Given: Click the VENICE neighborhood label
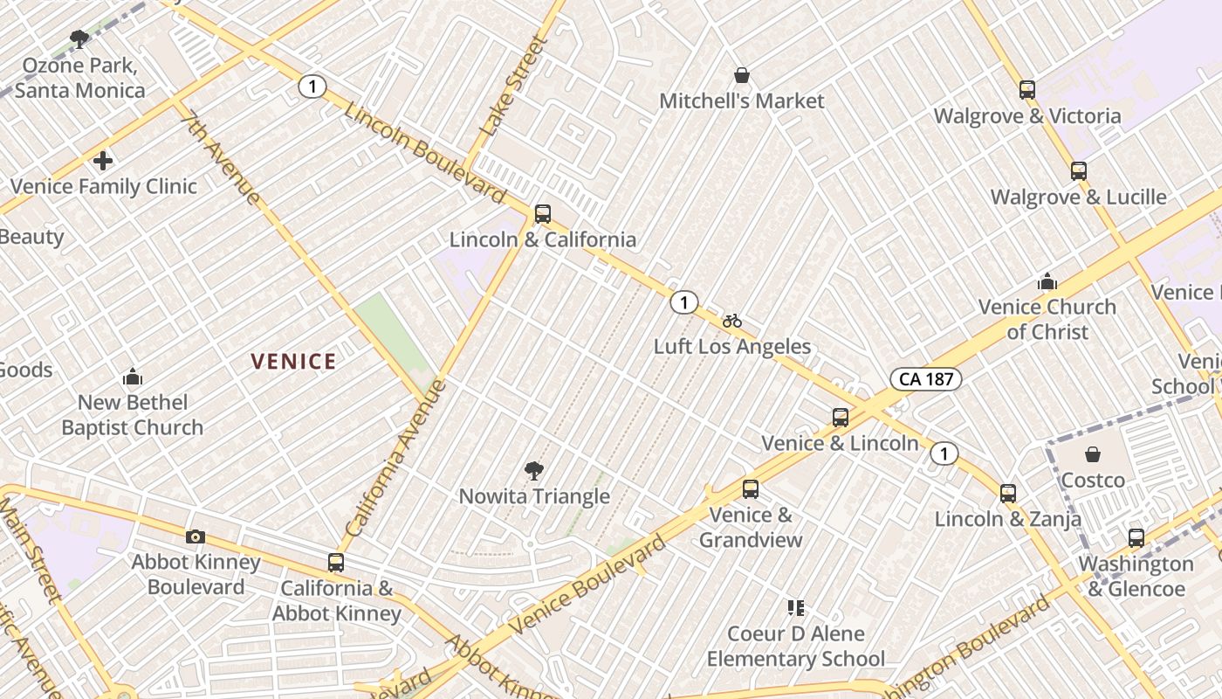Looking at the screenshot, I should tap(293, 361).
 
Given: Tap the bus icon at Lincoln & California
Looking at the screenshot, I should tap(542, 213).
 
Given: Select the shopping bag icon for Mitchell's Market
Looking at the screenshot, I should tap(741, 76).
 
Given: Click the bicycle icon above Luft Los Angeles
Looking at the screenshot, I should tap(731, 321).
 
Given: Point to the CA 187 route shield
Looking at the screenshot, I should tap(926, 378).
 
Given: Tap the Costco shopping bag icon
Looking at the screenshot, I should tap(1092, 454).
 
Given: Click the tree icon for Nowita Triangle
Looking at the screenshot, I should tap(533, 472).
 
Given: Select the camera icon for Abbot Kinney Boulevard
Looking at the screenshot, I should tap(196, 536).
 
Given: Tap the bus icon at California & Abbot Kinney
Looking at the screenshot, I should tap(336, 563).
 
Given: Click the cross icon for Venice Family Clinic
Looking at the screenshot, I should tap(103, 161).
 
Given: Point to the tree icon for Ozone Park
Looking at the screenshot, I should tap(79, 39).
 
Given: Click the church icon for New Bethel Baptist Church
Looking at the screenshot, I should tap(133, 377).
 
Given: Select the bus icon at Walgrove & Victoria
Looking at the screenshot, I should tap(1027, 90).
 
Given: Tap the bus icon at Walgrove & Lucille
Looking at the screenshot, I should tap(1079, 171).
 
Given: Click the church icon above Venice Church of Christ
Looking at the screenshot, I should tap(1047, 281).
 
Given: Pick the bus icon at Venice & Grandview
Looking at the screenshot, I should tap(751, 489).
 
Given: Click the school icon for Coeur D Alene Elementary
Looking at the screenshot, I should tap(795, 607).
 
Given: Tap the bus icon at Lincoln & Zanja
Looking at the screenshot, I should tap(1008, 494).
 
